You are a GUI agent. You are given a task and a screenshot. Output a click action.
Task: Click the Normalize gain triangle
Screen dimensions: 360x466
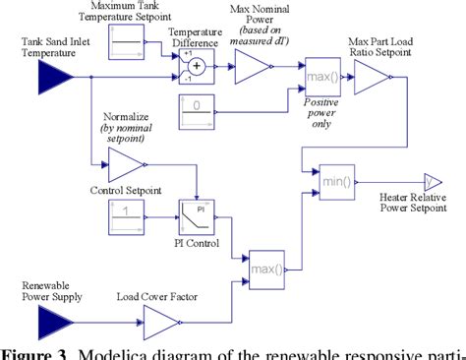click(126, 163)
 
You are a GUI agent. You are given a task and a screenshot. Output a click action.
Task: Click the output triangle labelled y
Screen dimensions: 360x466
click(432, 181)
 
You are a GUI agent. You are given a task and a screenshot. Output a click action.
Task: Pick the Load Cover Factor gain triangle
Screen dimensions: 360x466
click(161, 318)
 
